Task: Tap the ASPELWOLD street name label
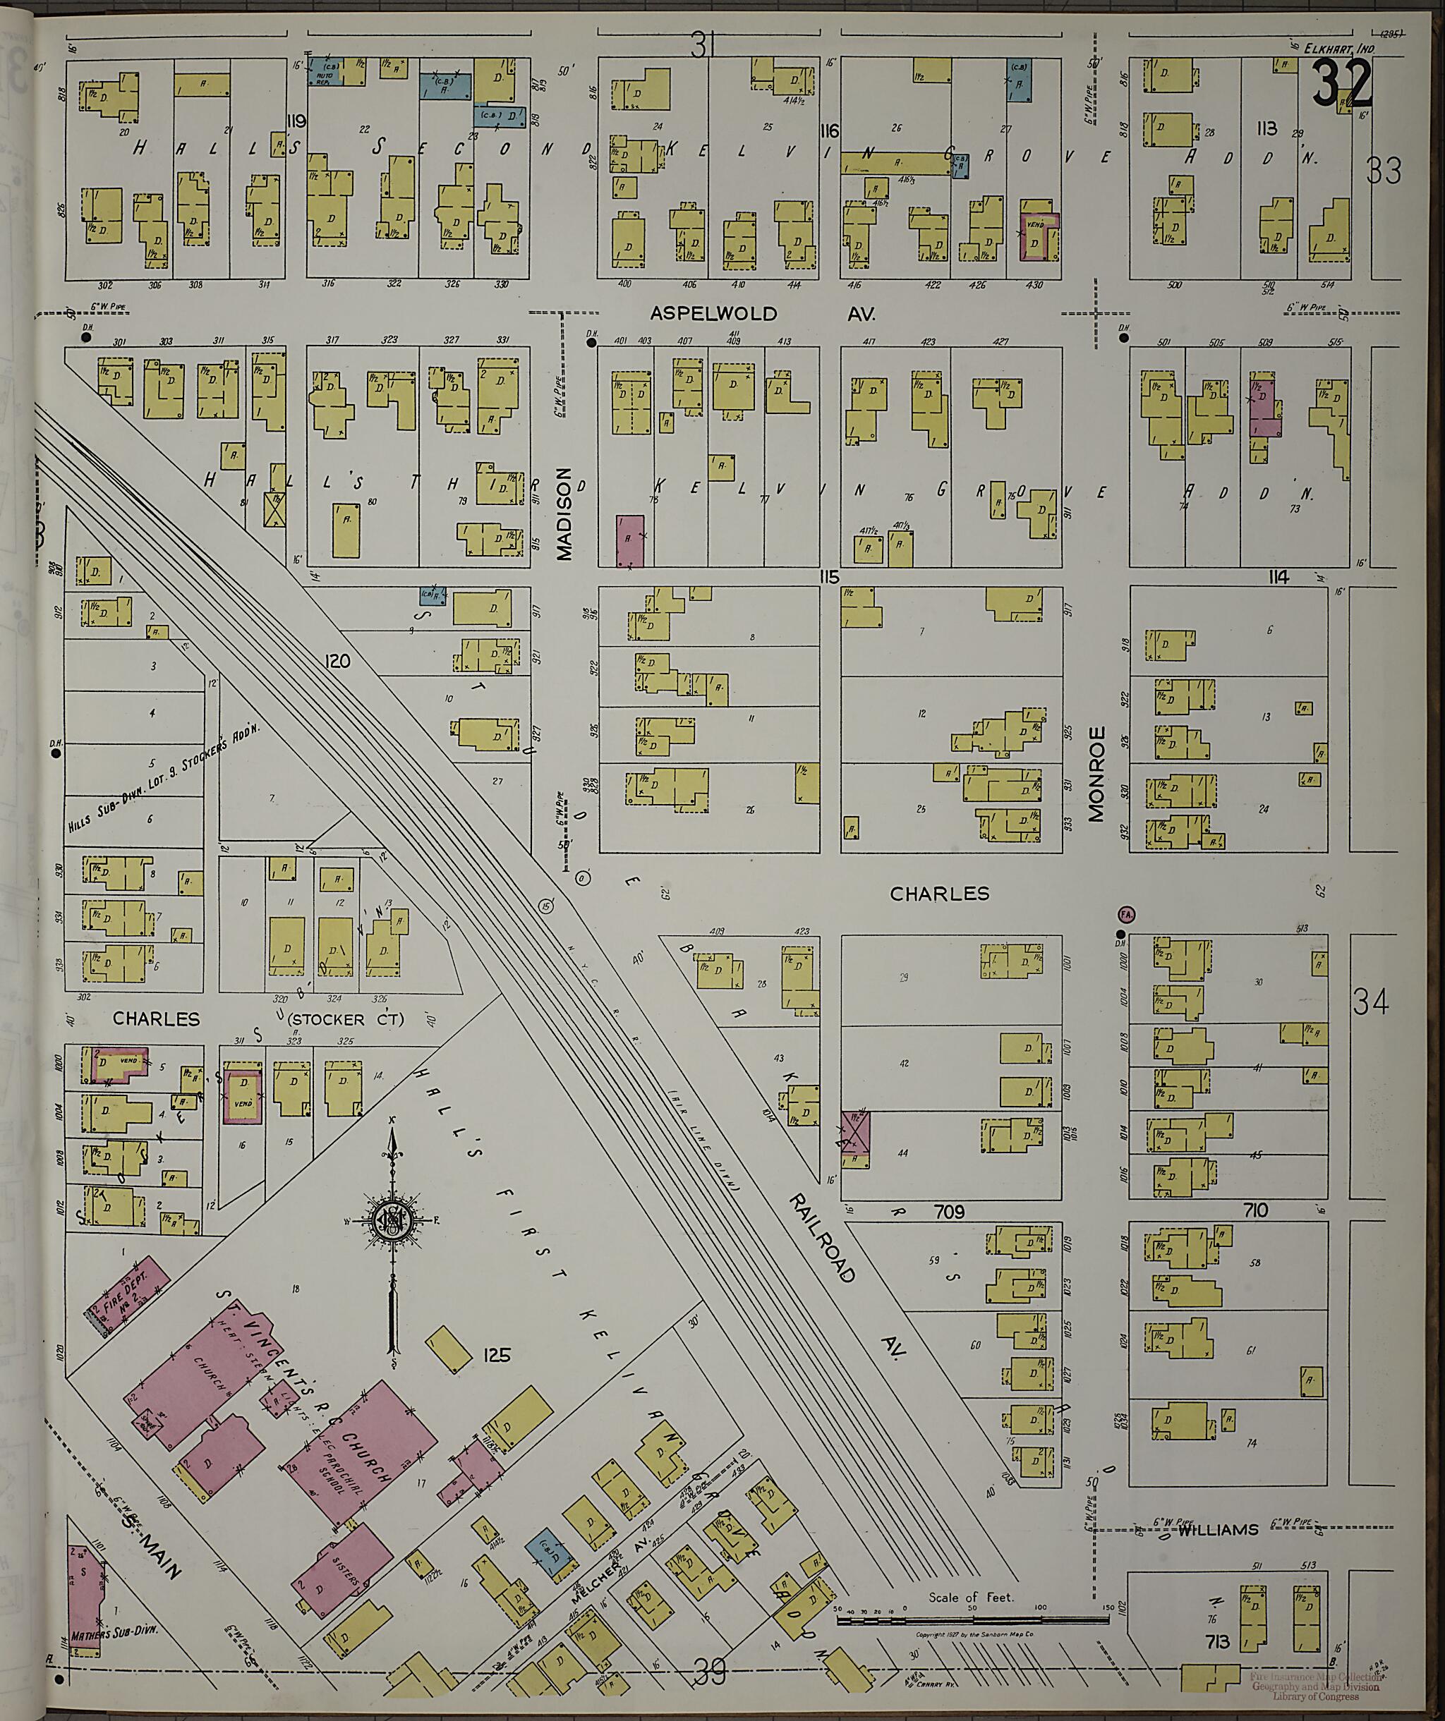pyautogui.click(x=713, y=314)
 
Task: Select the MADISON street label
pyautogui.click(x=564, y=515)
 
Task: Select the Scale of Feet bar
pyautogui.click(x=972, y=1619)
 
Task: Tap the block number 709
pyautogui.click(x=950, y=1210)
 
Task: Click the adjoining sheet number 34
pyautogui.click(x=1371, y=1002)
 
